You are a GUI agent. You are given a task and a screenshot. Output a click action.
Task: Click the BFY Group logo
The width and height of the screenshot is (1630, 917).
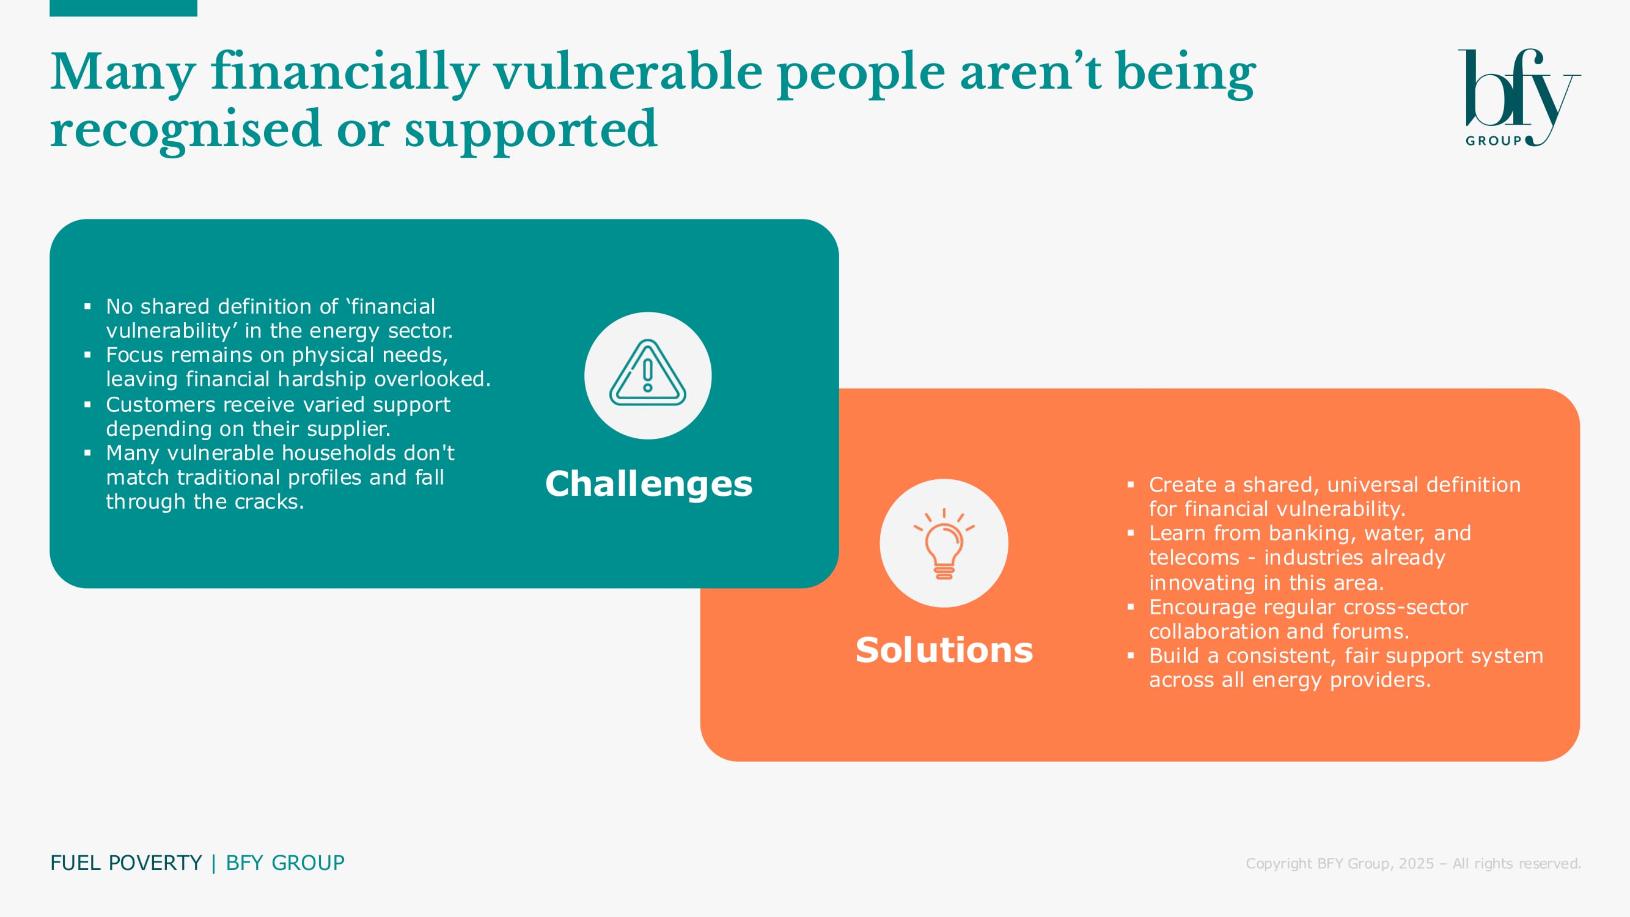1519,98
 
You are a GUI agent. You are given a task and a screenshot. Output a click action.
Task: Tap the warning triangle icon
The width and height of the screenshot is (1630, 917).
647,373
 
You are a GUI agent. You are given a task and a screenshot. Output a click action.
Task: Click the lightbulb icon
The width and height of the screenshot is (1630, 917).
944,543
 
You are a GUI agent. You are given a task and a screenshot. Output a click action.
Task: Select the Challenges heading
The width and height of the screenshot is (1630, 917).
648,484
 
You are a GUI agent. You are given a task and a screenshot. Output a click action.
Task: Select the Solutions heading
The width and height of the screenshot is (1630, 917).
944,650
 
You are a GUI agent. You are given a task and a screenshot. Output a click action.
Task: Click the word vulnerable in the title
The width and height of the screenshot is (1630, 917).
628,72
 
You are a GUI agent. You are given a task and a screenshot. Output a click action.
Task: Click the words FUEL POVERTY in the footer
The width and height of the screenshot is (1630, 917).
126,863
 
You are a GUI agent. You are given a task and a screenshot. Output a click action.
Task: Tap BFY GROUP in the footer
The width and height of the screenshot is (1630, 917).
285,863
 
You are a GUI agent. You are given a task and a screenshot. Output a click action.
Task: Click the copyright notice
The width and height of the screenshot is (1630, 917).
1413,863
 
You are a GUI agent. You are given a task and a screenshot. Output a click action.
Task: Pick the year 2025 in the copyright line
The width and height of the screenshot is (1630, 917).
1415,863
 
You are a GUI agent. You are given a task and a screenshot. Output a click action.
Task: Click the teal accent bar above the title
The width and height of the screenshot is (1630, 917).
123,8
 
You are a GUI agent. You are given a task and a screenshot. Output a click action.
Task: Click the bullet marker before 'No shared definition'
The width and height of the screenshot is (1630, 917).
87,307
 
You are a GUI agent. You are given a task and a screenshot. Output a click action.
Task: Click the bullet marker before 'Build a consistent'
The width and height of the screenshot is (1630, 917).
1131,655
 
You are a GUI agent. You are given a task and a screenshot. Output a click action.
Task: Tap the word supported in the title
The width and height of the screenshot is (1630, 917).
531,130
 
